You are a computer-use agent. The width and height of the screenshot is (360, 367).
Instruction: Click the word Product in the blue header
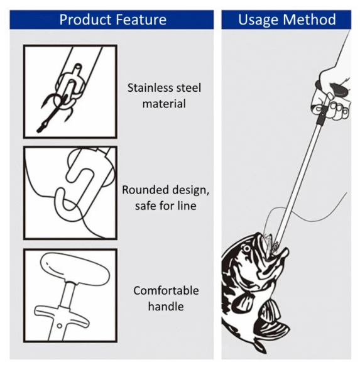click(x=85, y=19)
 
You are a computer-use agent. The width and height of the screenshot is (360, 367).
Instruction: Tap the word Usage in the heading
click(x=258, y=20)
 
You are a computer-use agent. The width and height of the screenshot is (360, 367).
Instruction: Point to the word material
click(x=164, y=104)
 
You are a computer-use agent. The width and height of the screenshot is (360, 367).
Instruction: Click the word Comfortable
click(x=166, y=291)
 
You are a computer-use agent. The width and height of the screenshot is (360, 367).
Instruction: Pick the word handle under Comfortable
click(x=166, y=307)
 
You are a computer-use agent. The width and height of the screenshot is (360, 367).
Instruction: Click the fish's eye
click(x=246, y=248)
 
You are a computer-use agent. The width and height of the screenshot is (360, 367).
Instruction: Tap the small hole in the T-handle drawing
click(x=60, y=326)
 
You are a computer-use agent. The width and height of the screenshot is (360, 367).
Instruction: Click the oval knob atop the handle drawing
click(x=75, y=268)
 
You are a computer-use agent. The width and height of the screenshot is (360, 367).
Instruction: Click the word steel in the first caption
click(x=188, y=88)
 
